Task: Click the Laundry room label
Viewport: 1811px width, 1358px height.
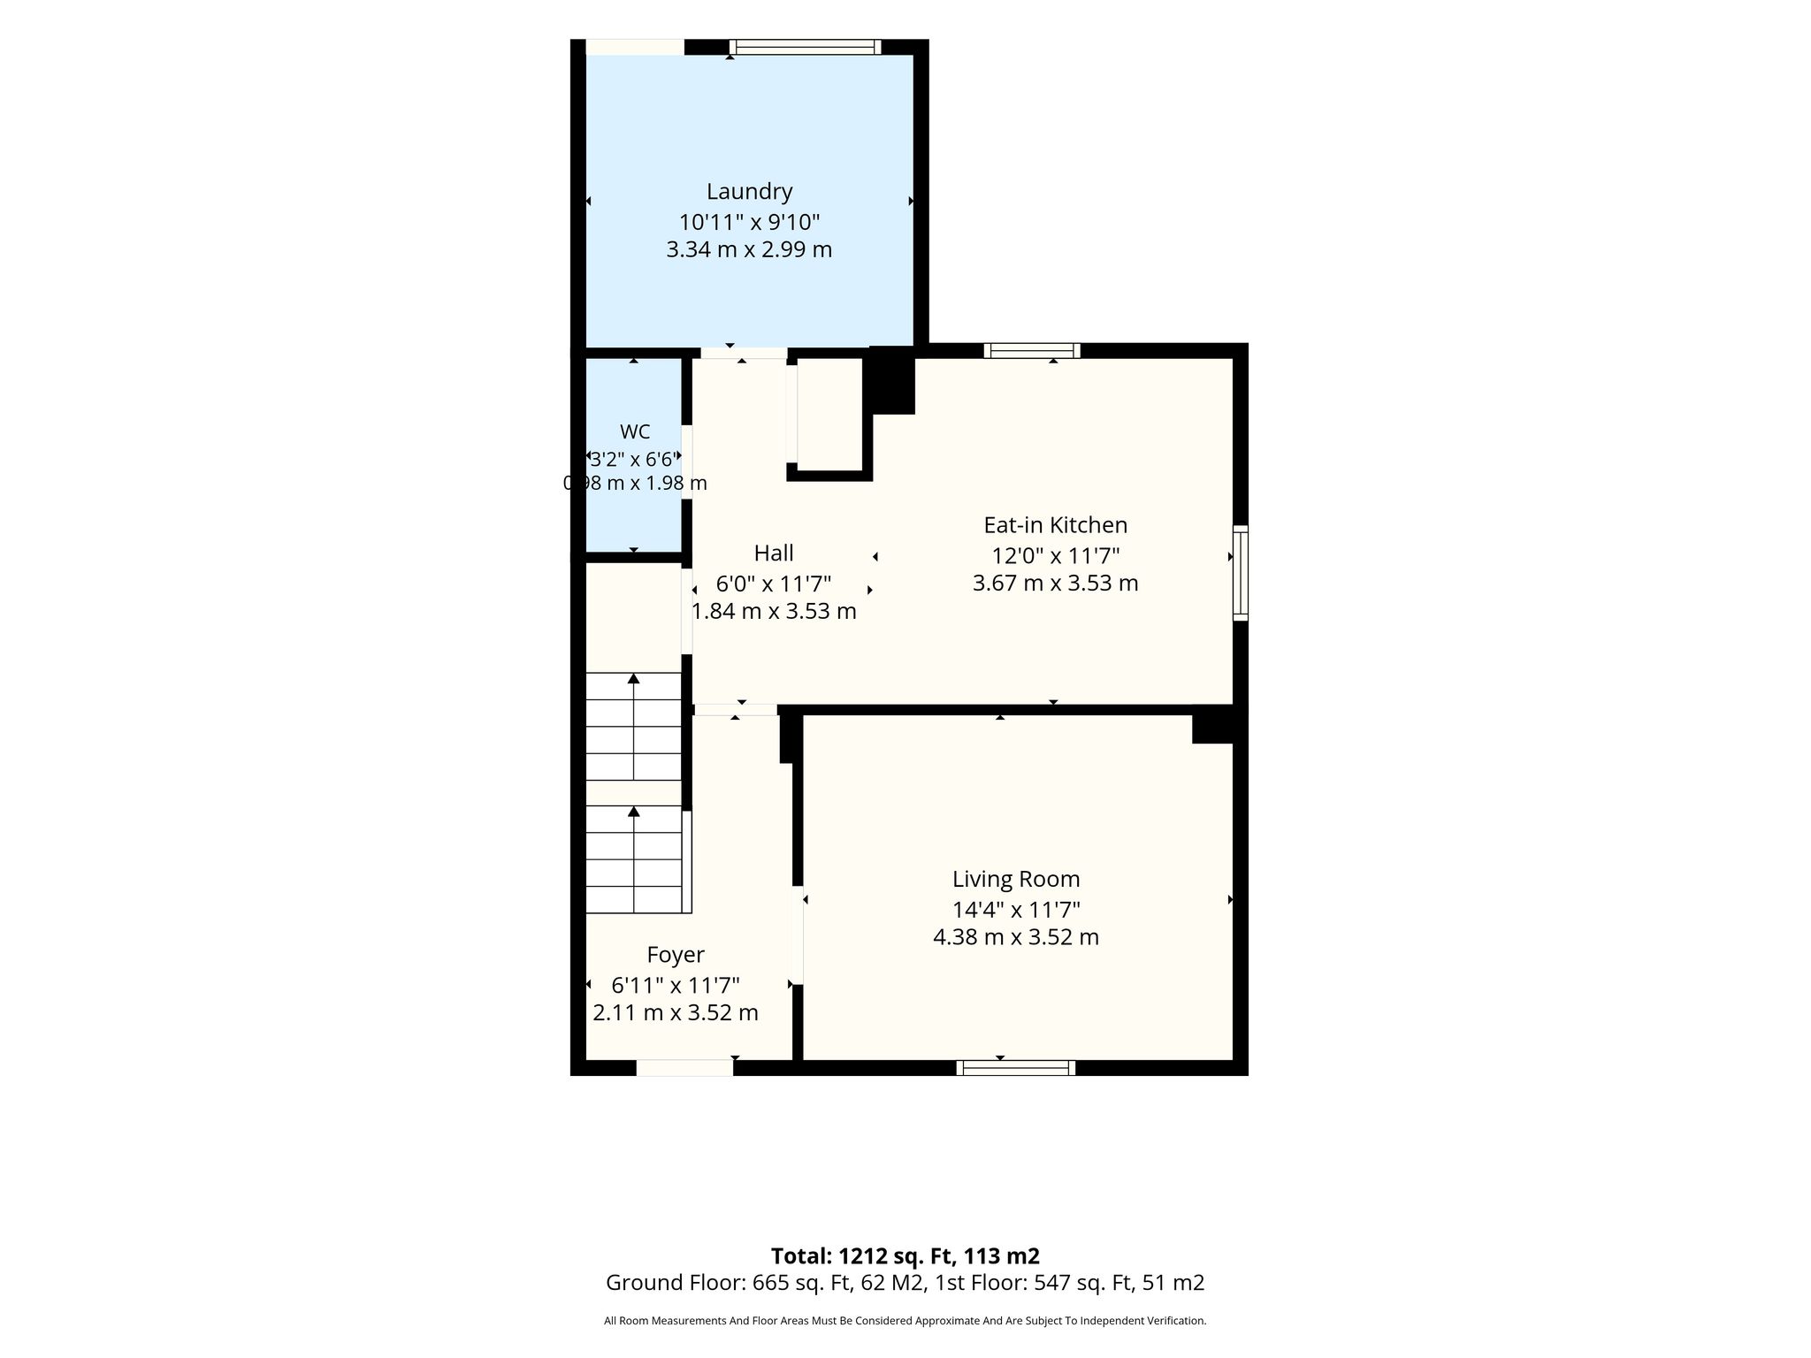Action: coord(749,192)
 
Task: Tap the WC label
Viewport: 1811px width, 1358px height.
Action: coord(635,431)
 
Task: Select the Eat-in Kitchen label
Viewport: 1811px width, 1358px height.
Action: coord(1056,525)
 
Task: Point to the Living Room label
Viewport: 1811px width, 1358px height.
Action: coord(1016,880)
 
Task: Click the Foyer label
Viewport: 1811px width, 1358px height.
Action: coord(676,955)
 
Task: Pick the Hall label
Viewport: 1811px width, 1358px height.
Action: coord(774,553)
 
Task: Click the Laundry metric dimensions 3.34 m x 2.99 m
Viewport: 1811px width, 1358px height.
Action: coord(749,249)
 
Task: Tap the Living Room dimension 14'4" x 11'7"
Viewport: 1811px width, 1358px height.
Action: coord(1016,909)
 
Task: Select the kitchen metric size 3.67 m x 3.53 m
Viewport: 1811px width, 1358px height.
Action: coord(1056,584)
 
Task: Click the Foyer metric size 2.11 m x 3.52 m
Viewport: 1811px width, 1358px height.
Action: coord(676,1013)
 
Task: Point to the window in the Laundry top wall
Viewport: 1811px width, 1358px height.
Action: coord(806,47)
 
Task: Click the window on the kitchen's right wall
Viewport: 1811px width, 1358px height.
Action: coord(1241,573)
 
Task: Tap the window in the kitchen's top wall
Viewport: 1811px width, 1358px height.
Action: coord(1032,351)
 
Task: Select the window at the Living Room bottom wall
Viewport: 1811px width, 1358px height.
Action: coord(1016,1068)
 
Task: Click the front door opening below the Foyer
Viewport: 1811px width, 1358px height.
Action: coord(684,1068)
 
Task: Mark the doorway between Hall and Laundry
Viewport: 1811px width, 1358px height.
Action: coord(744,353)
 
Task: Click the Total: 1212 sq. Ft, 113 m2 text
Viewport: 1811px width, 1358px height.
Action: coord(905,1256)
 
